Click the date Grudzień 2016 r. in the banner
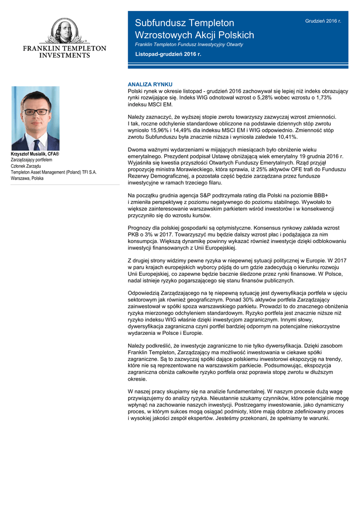pyautogui.click(x=323, y=21)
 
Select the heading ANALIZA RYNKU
pyautogui.click(x=150, y=85)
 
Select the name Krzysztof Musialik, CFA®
pyautogui.click(x=35, y=155)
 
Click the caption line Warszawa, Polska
pyautogui.click(x=27, y=178)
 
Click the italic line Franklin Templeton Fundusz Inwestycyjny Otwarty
pyautogui.click(x=189, y=44)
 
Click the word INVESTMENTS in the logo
pyautogui.click(x=65, y=56)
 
